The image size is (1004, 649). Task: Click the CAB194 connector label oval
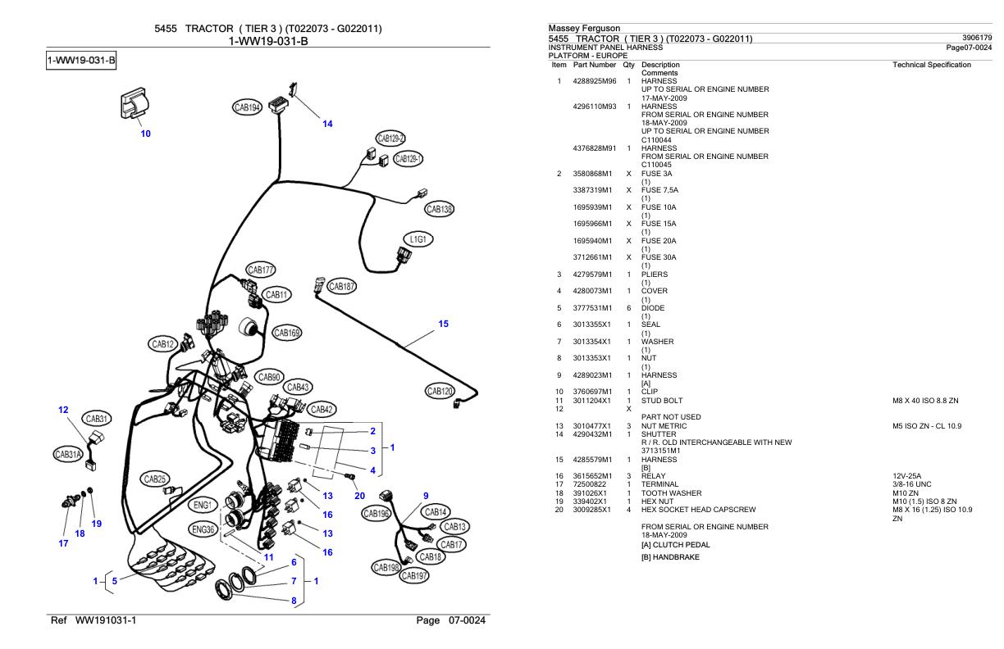coord(248,107)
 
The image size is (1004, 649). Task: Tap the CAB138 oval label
coord(440,209)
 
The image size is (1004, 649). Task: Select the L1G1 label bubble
coord(418,239)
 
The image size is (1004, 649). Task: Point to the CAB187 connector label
coord(341,286)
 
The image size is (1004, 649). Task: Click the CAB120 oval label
coord(440,391)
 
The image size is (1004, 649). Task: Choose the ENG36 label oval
coord(203,530)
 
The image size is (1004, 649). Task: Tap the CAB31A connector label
coord(68,455)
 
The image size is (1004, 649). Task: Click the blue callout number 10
coord(146,134)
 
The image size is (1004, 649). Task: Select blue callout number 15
coord(443,324)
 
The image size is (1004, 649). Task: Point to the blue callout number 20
coord(359,496)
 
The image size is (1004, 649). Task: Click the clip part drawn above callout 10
coord(135,103)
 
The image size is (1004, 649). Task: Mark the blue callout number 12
coord(63,410)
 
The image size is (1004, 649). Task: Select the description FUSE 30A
coord(659,257)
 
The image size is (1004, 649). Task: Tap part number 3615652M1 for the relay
coord(592,475)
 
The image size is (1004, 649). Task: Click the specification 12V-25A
coord(906,475)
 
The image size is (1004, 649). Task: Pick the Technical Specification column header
coord(931,65)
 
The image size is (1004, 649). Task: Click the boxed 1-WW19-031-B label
coord(81,61)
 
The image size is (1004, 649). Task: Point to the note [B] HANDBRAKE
coord(670,557)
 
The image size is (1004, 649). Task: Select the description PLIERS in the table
coord(655,275)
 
